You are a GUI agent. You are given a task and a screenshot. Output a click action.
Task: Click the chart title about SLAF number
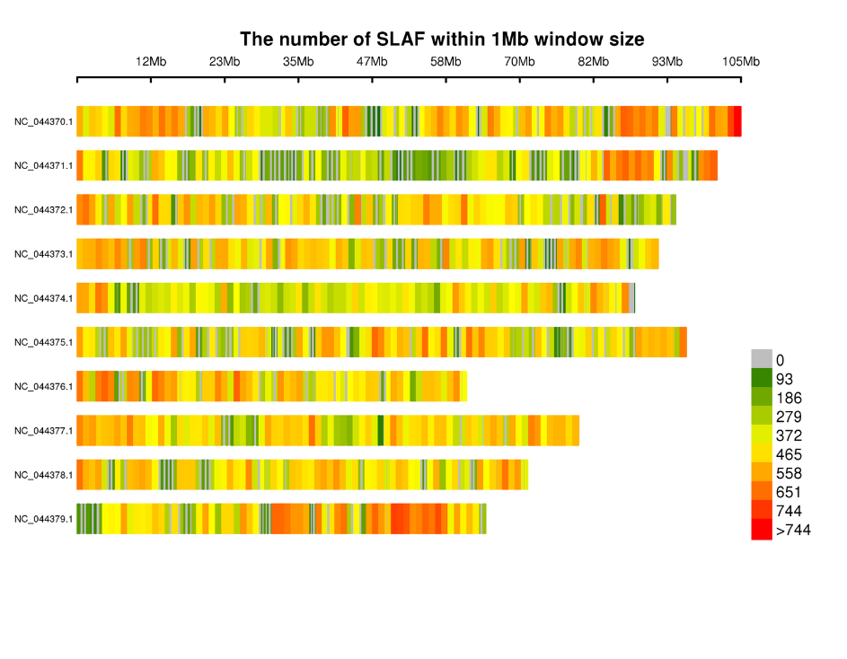441,40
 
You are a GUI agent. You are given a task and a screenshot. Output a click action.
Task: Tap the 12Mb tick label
151,62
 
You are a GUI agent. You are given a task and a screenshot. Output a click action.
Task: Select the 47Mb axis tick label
372,62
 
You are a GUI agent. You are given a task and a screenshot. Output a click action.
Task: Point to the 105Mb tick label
741,62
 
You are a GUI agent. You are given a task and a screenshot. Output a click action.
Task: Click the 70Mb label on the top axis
519,62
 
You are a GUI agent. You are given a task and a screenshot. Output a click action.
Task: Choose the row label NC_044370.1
43,121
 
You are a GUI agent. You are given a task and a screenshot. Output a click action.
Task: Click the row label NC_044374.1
43,298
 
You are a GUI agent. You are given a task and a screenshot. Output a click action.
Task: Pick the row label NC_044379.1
43,519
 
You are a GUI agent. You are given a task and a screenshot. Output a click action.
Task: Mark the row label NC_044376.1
43,386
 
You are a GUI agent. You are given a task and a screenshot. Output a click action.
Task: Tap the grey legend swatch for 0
762,359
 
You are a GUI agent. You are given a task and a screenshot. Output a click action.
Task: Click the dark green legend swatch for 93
762,378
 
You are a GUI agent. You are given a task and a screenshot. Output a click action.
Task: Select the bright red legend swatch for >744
762,530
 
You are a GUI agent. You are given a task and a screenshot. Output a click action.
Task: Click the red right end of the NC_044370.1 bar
737,121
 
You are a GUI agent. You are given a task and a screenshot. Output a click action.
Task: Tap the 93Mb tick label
666,62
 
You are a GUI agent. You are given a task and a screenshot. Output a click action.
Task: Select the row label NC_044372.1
43,209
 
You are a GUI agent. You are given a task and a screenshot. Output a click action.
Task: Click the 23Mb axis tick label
225,62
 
